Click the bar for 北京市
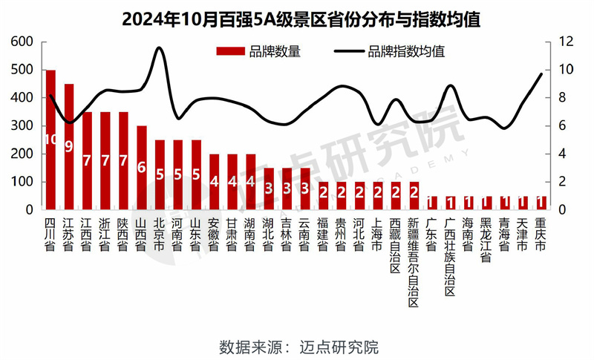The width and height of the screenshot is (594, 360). [160, 174]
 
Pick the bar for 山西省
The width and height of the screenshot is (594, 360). [141, 168]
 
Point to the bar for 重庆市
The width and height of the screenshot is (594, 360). [541, 203]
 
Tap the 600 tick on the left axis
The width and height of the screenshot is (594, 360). [22, 42]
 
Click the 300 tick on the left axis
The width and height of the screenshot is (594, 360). [22, 126]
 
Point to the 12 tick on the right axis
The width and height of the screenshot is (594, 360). [567, 42]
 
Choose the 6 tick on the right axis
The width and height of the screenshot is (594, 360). [564, 126]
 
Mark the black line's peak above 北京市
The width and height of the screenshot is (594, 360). [159, 48]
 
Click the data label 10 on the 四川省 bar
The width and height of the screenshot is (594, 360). [50, 140]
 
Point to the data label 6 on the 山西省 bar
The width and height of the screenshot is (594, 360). [141, 168]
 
